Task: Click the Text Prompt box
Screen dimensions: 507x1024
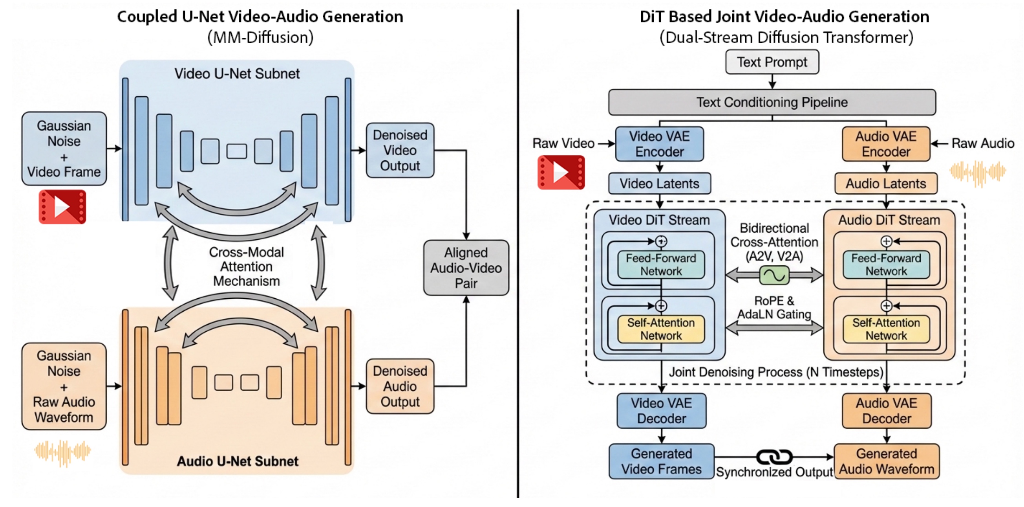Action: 772,62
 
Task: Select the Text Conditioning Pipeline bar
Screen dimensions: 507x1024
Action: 772,102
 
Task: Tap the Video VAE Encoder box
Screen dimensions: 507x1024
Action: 659,144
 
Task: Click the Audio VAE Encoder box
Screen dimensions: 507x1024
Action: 886,144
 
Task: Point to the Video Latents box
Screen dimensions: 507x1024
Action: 659,184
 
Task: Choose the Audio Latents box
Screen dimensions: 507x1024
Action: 886,184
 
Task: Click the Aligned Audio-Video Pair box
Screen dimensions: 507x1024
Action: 466,268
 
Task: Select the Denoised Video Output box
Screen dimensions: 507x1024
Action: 399,151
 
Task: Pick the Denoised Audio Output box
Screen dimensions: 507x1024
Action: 399,386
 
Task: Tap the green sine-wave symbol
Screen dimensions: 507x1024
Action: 774,275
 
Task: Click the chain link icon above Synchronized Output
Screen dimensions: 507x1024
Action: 774,457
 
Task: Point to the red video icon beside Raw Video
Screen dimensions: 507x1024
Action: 561,172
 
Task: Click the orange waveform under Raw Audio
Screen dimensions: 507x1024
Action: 978,173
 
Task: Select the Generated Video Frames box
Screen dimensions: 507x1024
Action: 661,461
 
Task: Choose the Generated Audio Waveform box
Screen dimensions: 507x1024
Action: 886,461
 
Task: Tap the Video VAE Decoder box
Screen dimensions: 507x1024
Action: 661,411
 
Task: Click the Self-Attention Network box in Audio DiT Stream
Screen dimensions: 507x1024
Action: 886,329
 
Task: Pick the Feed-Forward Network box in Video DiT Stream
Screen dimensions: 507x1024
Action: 661,265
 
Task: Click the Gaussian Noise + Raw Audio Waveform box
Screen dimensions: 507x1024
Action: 64,386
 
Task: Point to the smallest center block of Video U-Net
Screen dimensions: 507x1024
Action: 236,151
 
